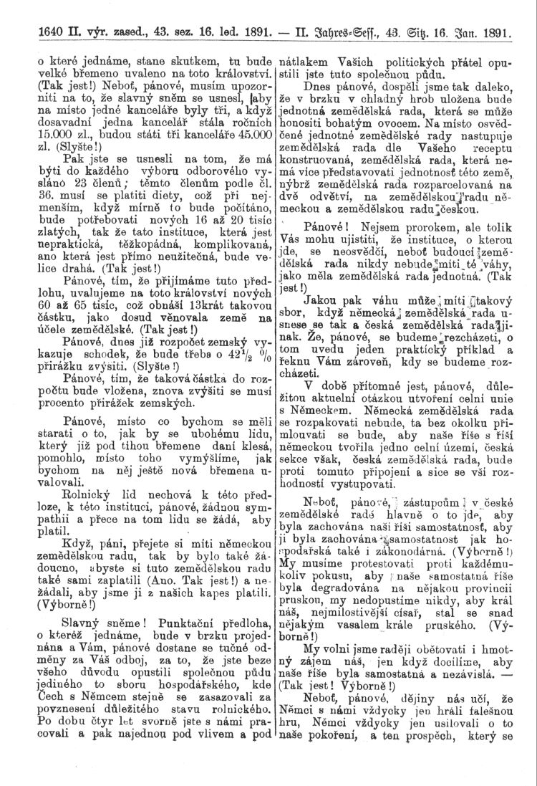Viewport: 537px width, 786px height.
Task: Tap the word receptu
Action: coord(489,133)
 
